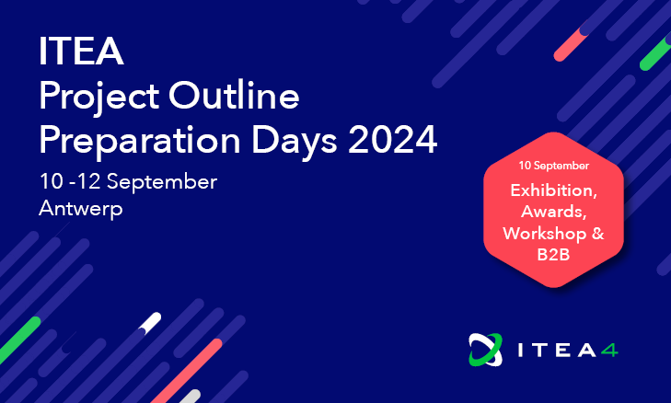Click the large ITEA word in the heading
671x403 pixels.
(x=81, y=51)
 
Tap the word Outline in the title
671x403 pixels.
(x=234, y=95)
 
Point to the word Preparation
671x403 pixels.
(x=140, y=142)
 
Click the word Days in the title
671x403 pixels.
(x=294, y=142)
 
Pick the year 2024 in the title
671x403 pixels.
(x=392, y=140)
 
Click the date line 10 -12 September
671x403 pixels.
(x=128, y=182)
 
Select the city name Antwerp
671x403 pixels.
(x=81, y=209)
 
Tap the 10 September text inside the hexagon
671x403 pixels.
(x=554, y=166)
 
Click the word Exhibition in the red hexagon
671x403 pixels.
(x=553, y=190)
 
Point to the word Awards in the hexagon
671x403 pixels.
(x=553, y=212)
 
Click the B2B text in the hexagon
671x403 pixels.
(x=553, y=255)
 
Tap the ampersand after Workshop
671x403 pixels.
(x=597, y=234)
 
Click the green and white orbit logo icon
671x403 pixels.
(x=485, y=350)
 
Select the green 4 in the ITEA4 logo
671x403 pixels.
(x=609, y=351)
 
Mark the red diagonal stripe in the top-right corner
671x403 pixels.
(x=572, y=44)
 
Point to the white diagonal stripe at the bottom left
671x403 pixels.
(x=150, y=323)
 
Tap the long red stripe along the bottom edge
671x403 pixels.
(x=187, y=371)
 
